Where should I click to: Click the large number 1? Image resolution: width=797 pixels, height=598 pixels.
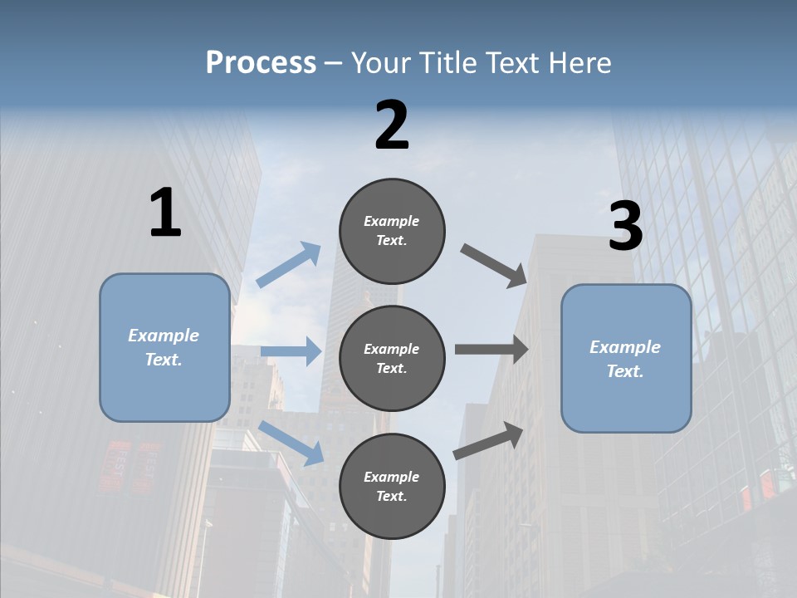point(165,213)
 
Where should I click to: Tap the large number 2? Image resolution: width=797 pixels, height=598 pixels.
point(392,125)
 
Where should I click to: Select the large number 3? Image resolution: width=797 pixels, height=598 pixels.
point(625,227)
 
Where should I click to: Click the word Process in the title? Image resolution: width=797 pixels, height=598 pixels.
point(261,63)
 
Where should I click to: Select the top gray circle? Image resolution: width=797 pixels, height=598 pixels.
point(392,231)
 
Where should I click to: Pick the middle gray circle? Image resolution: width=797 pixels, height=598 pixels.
point(392,358)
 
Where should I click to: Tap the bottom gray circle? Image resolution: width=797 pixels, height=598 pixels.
point(392,486)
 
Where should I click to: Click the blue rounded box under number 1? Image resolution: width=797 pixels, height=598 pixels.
point(164,347)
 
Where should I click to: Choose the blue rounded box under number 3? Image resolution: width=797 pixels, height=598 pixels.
point(626,358)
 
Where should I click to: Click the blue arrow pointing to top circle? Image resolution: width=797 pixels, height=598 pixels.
point(289,264)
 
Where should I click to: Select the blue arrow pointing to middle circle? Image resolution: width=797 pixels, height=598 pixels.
point(291,351)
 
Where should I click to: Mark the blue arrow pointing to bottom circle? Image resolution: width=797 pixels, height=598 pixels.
point(291,443)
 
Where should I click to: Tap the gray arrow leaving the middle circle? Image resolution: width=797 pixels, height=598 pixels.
point(491,350)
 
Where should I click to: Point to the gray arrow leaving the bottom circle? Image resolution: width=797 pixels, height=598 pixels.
point(488,440)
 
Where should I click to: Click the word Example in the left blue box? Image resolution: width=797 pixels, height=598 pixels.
point(164,336)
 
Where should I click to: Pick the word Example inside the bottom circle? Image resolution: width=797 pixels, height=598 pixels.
point(391,477)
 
